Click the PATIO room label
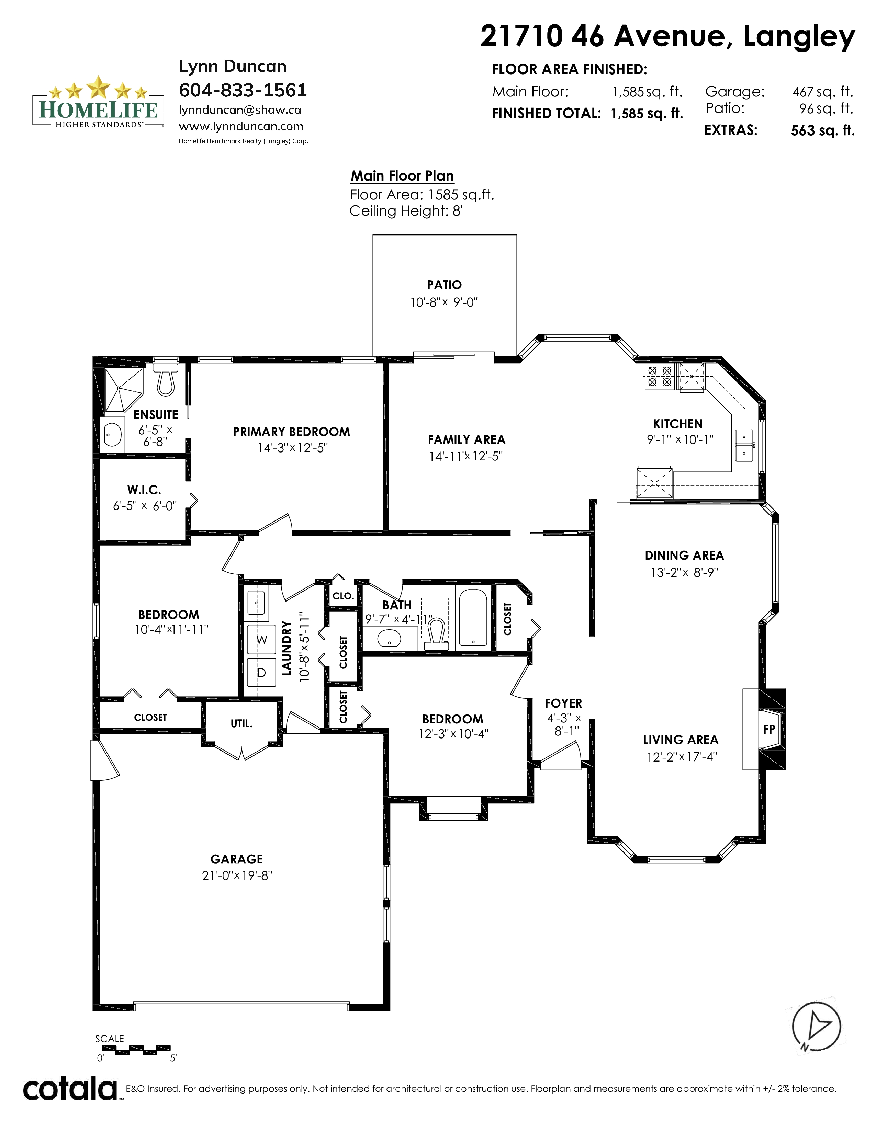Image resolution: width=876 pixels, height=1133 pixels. pyautogui.click(x=444, y=285)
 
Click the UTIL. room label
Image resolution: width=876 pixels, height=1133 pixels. pyautogui.click(x=241, y=723)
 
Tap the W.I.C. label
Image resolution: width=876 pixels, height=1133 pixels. pyautogui.click(x=144, y=490)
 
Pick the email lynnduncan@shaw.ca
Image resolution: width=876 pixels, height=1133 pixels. pyautogui.click(x=240, y=110)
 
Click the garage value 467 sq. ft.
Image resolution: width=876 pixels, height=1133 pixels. pyautogui.click(x=822, y=92)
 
